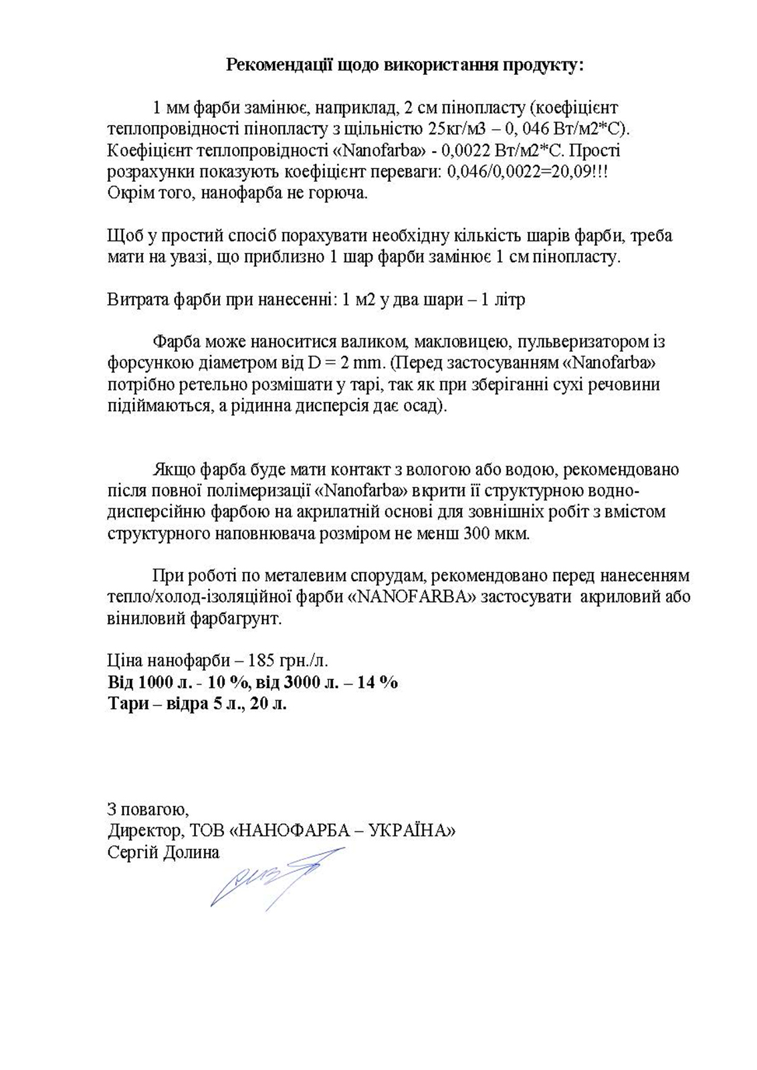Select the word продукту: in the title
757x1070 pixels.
543,65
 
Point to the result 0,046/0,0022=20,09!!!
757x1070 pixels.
527,172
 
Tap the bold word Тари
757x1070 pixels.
128,704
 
